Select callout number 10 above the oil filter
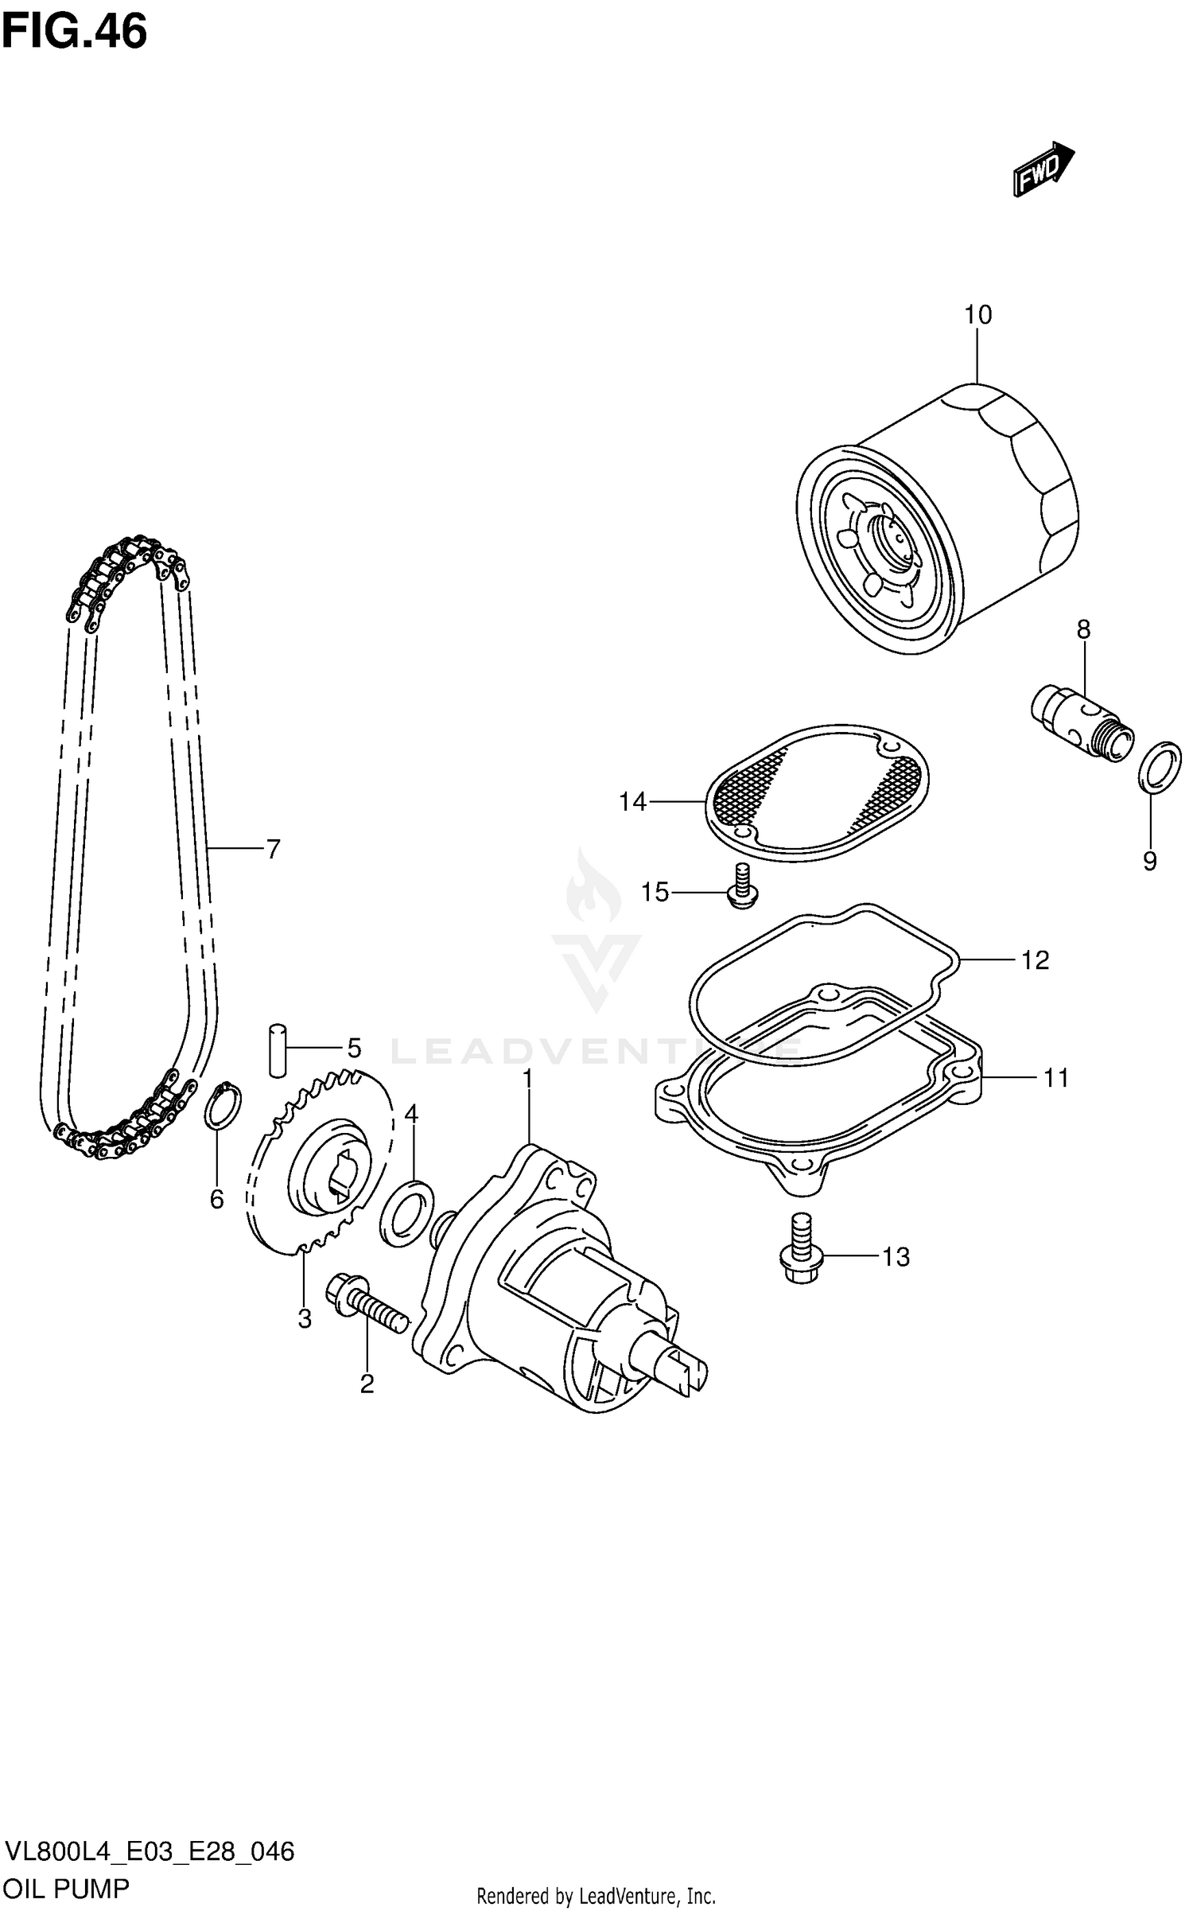click(977, 315)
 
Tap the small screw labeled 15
click(743, 886)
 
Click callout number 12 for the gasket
click(1035, 960)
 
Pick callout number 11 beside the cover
click(1056, 1078)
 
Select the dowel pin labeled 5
click(277, 1050)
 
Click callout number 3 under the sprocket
click(305, 1319)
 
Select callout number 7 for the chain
click(273, 850)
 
